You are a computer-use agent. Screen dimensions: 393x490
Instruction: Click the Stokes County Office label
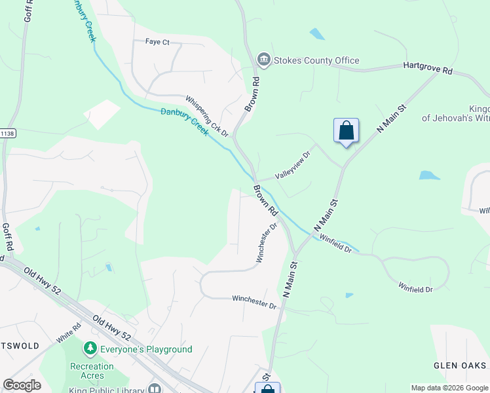click(316, 61)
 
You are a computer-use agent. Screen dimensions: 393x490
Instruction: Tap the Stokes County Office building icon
click(263, 60)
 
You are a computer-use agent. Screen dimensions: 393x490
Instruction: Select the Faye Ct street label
click(157, 42)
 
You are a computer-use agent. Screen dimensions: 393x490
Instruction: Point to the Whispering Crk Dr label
click(206, 116)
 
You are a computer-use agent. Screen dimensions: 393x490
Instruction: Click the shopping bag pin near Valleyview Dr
click(346, 131)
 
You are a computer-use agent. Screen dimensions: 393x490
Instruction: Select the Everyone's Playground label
click(146, 349)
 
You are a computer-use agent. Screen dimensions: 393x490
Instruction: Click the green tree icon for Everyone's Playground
click(91, 349)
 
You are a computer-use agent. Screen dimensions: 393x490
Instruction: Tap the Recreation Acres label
click(92, 371)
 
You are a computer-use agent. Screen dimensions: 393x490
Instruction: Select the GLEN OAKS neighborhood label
click(460, 365)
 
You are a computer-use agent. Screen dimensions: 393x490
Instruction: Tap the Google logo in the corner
click(22, 385)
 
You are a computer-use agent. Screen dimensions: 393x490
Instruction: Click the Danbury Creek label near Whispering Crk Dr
click(185, 121)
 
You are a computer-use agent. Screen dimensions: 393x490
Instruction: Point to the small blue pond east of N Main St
click(428, 176)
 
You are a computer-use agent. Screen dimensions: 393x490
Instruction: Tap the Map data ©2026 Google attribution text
click(450, 388)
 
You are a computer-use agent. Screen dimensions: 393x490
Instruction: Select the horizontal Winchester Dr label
click(255, 303)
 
